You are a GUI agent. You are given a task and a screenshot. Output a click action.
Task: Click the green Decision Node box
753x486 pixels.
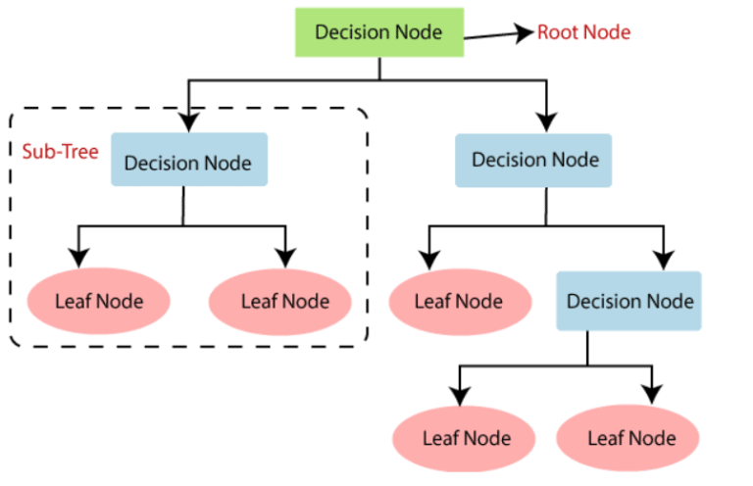point(378,32)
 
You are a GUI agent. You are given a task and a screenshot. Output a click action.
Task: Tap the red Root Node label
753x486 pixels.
point(583,32)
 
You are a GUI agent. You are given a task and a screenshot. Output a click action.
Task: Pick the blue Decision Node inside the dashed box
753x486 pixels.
point(187,162)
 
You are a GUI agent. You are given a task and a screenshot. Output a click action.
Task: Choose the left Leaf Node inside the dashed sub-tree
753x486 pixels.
point(98,301)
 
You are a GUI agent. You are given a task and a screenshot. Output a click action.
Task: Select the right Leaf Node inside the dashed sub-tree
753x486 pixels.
point(282,301)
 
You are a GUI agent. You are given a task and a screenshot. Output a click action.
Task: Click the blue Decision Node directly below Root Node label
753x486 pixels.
point(534,160)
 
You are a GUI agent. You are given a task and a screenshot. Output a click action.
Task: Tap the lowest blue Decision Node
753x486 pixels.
point(629,300)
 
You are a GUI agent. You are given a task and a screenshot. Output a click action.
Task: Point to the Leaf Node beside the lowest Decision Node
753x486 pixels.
point(459,301)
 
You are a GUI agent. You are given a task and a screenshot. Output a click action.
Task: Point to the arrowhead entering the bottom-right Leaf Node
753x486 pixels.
point(651,395)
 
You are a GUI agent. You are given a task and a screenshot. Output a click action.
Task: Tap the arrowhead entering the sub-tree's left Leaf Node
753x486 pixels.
point(78,258)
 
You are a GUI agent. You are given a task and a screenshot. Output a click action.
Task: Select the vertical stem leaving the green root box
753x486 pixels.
point(379,69)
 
